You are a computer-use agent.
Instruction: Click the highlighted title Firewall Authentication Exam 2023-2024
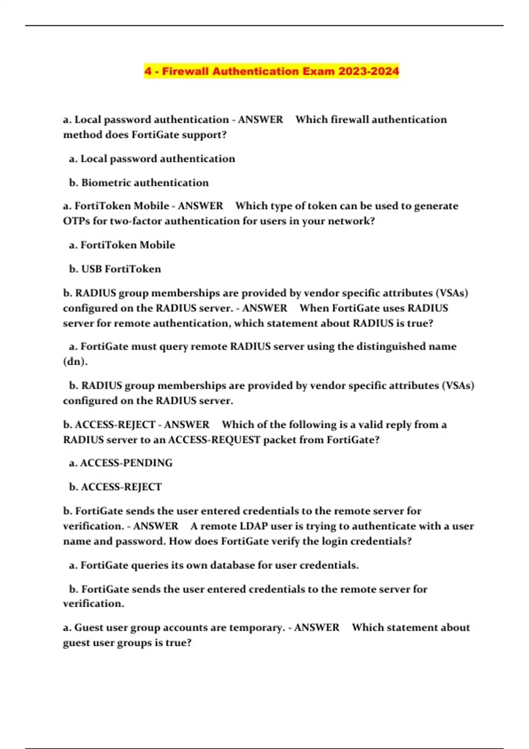tap(271, 71)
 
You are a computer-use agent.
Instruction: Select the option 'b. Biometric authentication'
tap(139, 182)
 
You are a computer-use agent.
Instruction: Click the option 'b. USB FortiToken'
tap(115, 269)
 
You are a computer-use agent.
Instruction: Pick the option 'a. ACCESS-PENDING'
tap(121, 463)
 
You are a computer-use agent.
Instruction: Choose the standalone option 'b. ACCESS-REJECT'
tap(115, 487)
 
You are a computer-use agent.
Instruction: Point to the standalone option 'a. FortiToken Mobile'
tap(122, 245)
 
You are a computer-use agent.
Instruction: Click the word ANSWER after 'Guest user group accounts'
tap(317, 627)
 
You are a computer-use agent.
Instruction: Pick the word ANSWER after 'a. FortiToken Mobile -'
tap(201, 206)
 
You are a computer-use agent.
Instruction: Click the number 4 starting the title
tap(148, 71)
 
